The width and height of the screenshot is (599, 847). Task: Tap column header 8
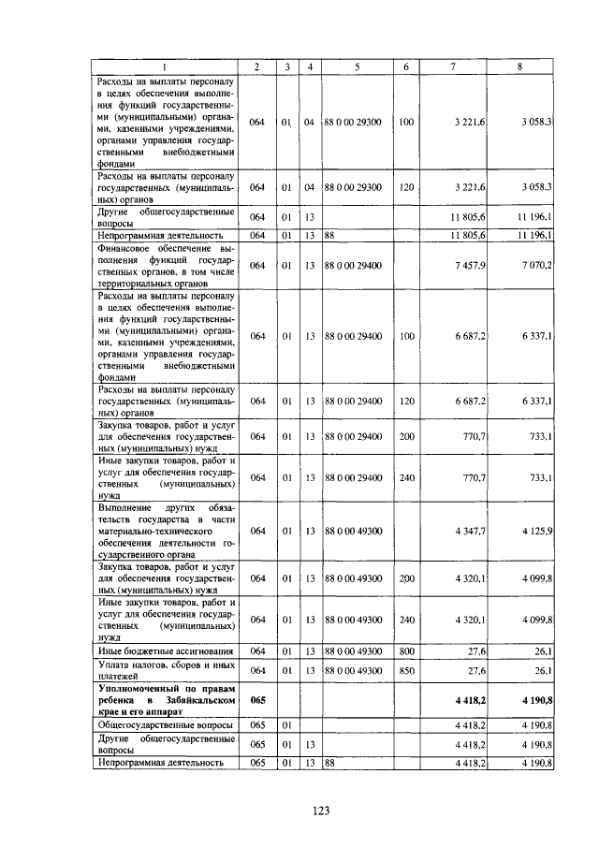520,66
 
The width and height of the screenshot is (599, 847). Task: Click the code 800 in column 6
406,650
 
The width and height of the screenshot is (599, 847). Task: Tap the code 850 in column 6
406,670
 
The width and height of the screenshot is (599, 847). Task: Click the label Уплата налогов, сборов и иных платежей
165,670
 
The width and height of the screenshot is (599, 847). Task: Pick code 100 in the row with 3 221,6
406,123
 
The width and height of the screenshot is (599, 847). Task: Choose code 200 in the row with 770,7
406,436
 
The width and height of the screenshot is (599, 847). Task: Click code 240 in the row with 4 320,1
406,619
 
